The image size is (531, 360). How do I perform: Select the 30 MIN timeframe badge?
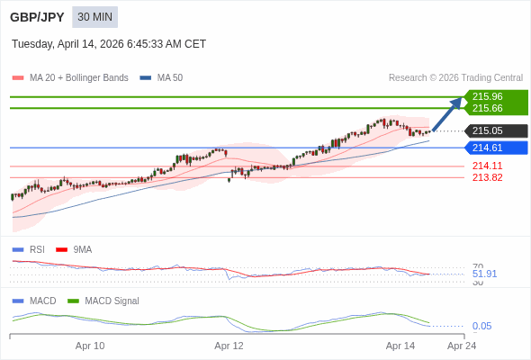tap(94, 17)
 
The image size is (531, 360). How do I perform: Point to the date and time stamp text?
tap(109, 44)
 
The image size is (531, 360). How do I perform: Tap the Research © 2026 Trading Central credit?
tap(455, 78)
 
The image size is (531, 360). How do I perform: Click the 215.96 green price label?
tap(488, 96)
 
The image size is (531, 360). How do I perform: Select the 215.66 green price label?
tap(488, 108)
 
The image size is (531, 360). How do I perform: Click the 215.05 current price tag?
tap(488, 130)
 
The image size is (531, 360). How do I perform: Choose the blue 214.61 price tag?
tap(488, 148)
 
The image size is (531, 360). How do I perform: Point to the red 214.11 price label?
tap(487, 166)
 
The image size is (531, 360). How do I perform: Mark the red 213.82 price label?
tap(487, 177)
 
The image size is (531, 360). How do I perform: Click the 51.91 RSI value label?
tap(484, 274)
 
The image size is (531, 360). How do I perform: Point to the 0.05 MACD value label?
tap(481, 326)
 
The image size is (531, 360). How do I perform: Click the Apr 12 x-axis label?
tap(229, 346)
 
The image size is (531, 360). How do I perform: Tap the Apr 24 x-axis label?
tap(462, 346)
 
